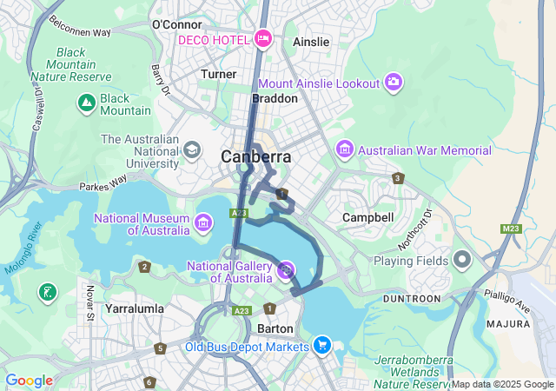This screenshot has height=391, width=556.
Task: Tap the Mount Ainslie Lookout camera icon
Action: [x=394, y=82]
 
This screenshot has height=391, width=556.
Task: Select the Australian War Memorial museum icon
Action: [x=345, y=149]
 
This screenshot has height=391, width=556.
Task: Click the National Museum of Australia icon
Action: [x=202, y=223]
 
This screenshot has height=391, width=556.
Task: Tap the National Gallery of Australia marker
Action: [x=286, y=271]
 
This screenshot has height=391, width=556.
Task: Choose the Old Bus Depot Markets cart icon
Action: [x=322, y=346]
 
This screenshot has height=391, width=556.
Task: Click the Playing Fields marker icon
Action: [x=462, y=260]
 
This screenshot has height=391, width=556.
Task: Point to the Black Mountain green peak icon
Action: [x=86, y=104]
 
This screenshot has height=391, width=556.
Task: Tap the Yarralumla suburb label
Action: [x=134, y=308]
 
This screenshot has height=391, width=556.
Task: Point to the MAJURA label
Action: [x=508, y=323]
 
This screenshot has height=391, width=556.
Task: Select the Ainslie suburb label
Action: [x=311, y=42]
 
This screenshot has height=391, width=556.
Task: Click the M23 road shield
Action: [x=512, y=229]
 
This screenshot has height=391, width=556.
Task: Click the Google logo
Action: [x=29, y=381]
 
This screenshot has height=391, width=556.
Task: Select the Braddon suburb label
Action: [x=275, y=98]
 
